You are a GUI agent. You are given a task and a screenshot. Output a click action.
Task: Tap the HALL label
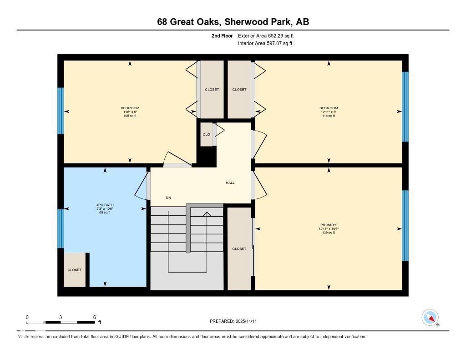(230, 183)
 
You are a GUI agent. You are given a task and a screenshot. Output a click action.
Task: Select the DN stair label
(168, 198)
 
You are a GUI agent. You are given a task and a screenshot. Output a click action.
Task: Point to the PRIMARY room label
(328, 225)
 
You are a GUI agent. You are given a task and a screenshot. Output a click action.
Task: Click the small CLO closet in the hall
(206, 135)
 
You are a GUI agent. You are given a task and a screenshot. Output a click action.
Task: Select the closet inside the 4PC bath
(74, 270)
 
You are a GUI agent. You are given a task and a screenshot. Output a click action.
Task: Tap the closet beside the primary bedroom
(239, 248)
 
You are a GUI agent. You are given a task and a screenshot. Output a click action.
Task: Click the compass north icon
(430, 317)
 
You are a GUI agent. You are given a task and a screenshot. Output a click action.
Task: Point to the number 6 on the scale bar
(94, 317)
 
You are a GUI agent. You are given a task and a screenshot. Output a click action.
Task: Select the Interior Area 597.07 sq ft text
(265, 44)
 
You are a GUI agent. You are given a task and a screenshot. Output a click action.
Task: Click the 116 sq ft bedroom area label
(328, 116)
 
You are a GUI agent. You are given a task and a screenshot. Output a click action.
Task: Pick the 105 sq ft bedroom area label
(130, 116)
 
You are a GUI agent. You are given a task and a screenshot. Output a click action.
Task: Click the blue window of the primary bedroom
(405, 226)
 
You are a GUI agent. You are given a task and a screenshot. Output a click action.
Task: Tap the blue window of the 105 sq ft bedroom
(61, 111)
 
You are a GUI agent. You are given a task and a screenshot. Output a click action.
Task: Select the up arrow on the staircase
(207, 214)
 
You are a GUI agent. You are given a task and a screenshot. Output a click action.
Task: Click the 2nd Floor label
(222, 35)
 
